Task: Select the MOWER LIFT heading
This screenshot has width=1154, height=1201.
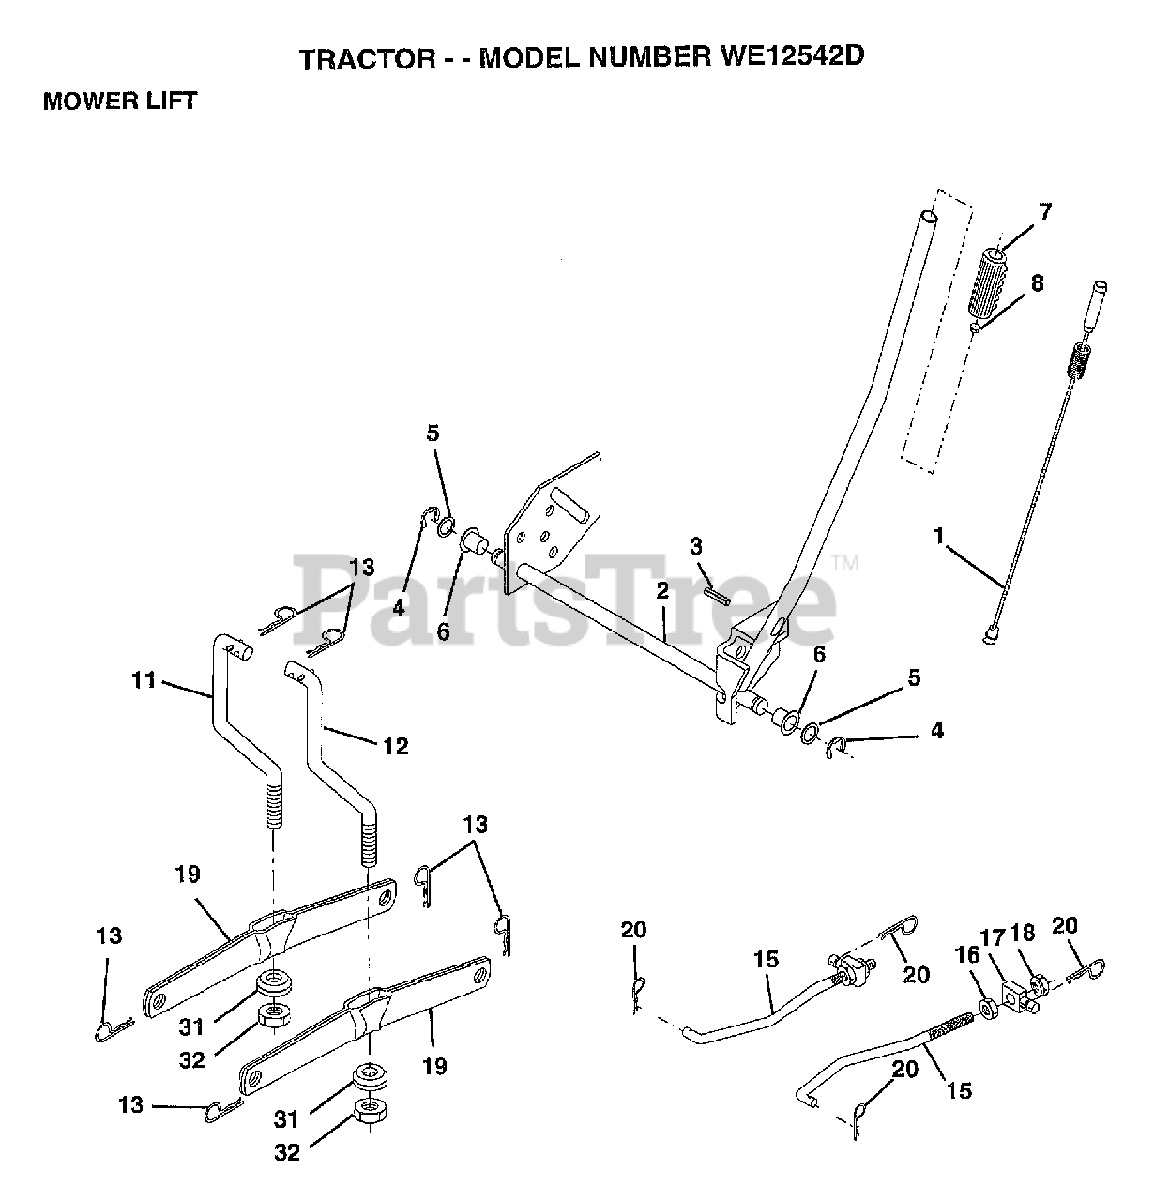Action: coord(119,101)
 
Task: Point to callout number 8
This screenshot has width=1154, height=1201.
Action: coord(1036,282)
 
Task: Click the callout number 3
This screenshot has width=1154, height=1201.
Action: coord(695,546)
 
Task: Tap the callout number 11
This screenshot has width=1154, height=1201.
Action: coord(144,679)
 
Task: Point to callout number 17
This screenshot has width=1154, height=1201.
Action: coord(993,937)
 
